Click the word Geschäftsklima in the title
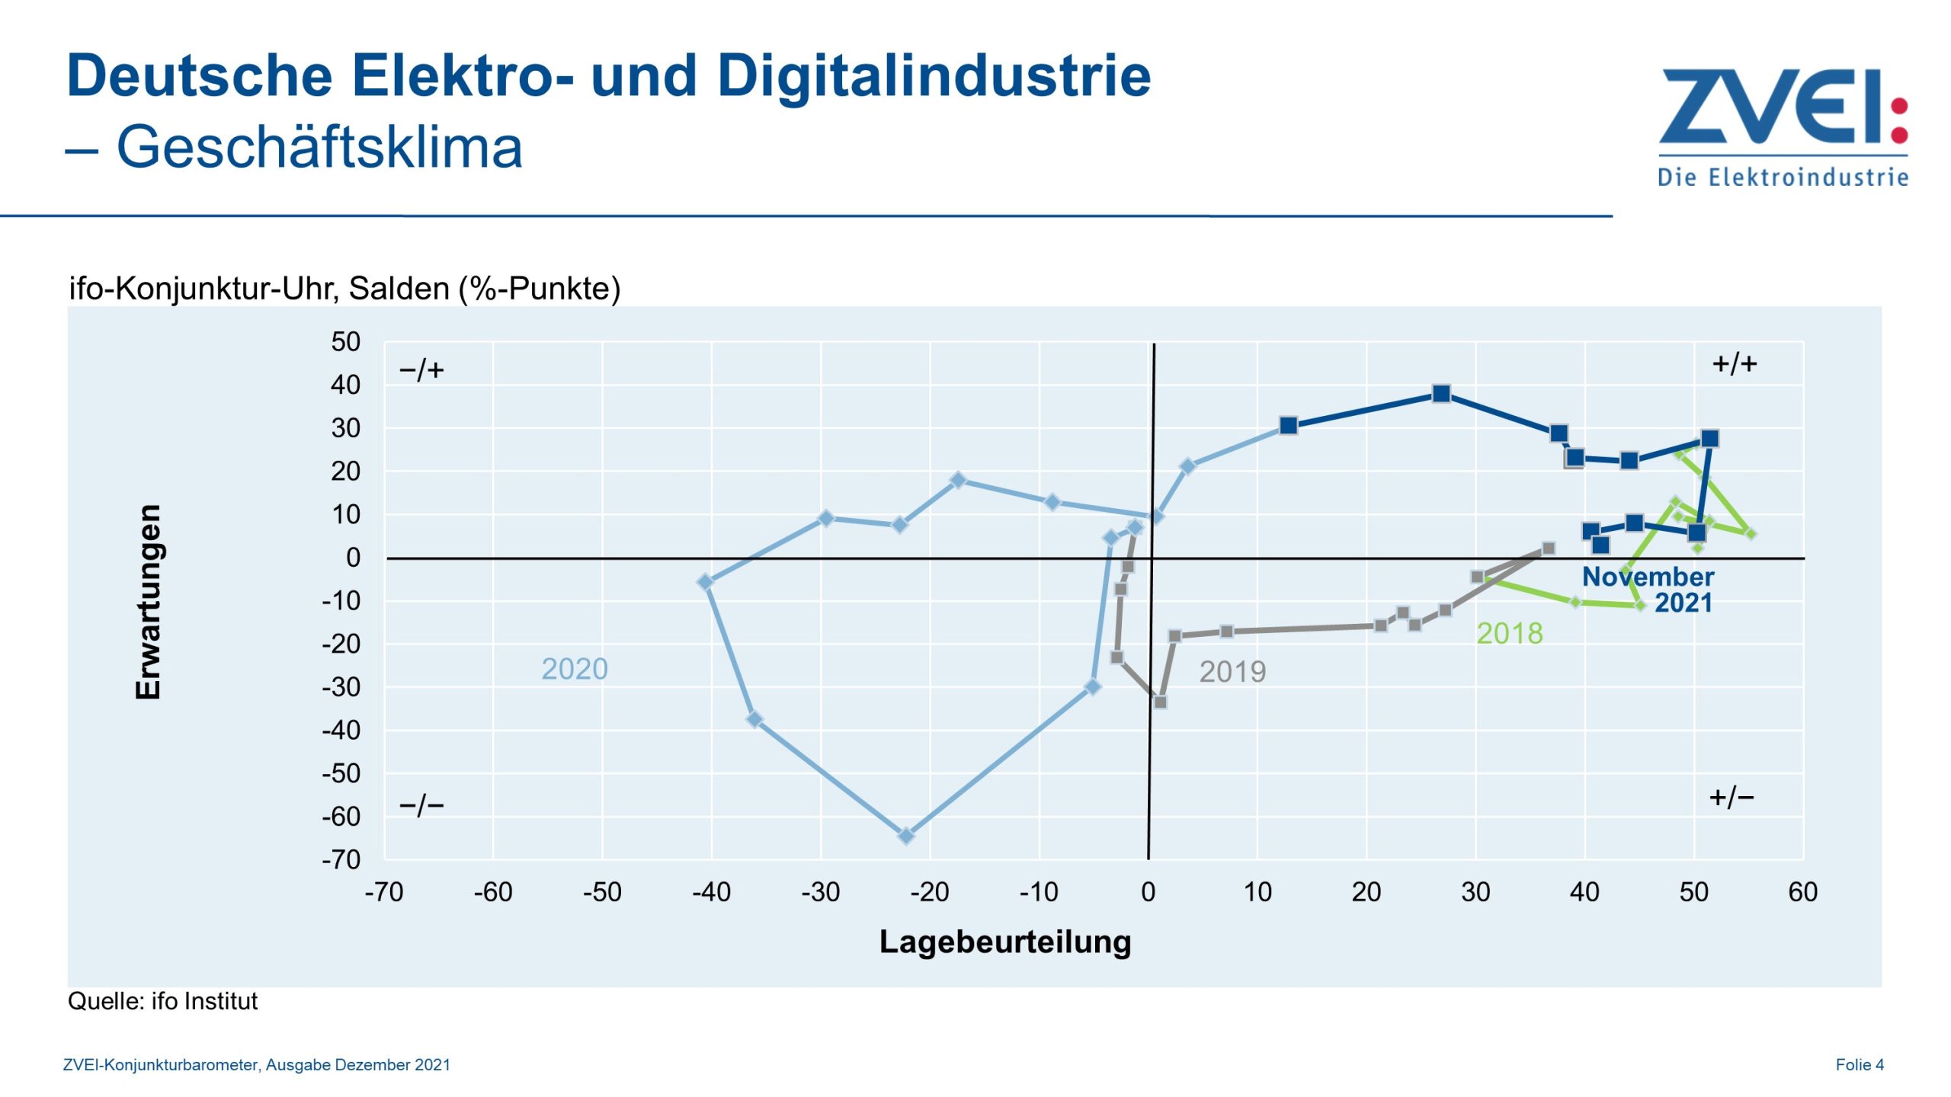(x=319, y=147)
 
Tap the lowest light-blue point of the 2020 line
(x=905, y=836)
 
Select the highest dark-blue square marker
(x=1440, y=394)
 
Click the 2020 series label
(x=574, y=669)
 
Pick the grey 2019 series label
(x=1232, y=671)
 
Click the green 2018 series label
(x=1508, y=633)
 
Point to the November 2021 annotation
(x=1648, y=589)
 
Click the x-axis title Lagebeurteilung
(x=1004, y=942)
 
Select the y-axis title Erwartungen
(x=148, y=601)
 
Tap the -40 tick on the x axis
(x=710, y=891)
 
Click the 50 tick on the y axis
(x=345, y=341)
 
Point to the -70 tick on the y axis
(x=341, y=859)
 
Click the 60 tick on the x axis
(x=1802, y=891)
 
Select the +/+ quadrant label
(x=1734, y=363)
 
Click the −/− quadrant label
(x=421, y=804)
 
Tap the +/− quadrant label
(x=1731, y=797)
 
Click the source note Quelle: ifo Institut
(x=162, y=1001)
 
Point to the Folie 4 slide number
(x=1859, y=1064)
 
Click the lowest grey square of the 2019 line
(x=1159, y=702)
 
